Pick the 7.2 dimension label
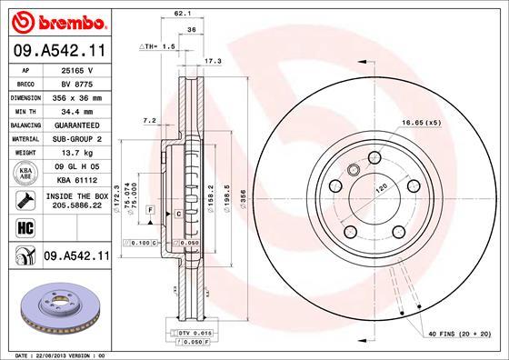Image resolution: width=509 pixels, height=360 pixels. (x=150, y=120)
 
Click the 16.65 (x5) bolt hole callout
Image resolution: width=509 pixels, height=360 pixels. (x=423, y=122)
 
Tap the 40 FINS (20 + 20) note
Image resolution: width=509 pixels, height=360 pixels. (x=458, y=333)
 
